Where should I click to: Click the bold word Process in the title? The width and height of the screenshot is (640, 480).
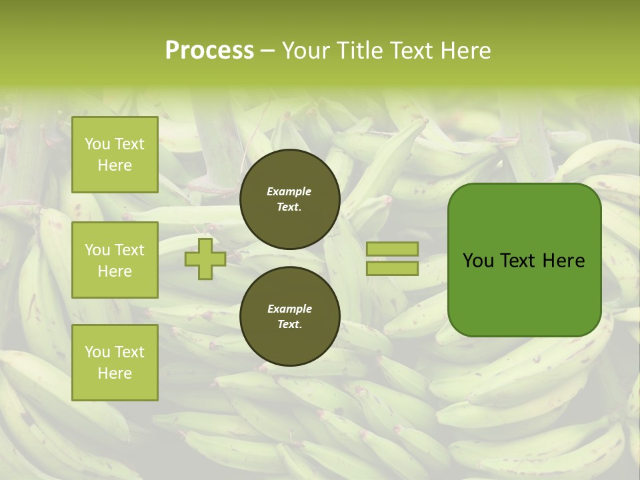(209, 51)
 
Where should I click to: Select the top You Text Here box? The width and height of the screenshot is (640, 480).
(115, 155)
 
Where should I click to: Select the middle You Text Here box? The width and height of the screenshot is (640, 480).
(115, 260)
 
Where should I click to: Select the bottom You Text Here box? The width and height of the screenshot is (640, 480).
(115, 362)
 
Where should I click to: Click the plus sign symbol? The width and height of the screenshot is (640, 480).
(205, 259)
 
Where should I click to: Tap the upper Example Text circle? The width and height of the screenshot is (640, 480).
(289, 199)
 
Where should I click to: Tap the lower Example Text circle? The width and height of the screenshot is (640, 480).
(289, 316)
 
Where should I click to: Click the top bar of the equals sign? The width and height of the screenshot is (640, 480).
(392, 249)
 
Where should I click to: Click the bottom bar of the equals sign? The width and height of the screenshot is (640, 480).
(392, 269)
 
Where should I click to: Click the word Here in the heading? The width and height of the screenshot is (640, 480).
(465, 51)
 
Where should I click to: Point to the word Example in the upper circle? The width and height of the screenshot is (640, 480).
(289, 191)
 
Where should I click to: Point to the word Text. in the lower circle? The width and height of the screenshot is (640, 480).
(289, 325)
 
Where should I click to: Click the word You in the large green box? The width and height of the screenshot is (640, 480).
(478, 261)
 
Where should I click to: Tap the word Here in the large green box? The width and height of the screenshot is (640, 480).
(563, 261)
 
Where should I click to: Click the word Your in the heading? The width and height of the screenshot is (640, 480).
(306, 51)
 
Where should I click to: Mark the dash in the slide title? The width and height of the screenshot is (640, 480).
(267, 51)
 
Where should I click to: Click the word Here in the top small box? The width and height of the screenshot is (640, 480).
(115, 165)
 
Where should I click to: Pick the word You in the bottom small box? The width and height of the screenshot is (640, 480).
(97, 352)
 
